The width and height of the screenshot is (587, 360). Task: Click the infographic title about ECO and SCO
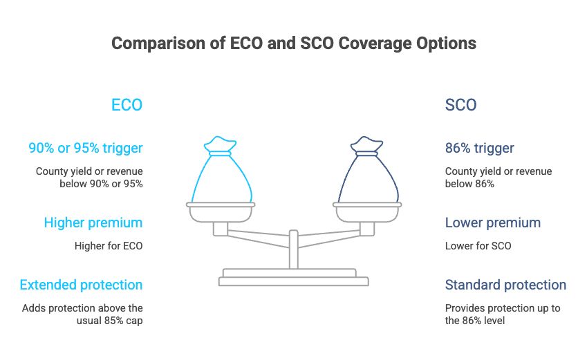click(x=294, y=44)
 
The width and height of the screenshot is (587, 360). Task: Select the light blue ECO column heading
click(x=127, y=105)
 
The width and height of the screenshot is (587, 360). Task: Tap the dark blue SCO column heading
click(x=461, y=105)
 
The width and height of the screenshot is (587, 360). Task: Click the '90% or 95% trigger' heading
click(x=86, y=148)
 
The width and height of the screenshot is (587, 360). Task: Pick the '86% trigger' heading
click(x=480, y=148)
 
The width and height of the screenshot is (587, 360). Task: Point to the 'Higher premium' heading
click(x=93, y=222)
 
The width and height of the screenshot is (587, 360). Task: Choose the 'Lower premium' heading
click(x=493, y=222)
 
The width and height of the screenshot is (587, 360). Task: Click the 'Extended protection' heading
click(x=81, y=285)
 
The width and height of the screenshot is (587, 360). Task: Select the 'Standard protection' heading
click(x=506, y=285)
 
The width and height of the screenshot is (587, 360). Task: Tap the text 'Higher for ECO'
click(x=109, y=246)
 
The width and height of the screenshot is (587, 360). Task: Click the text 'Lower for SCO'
click(x=478, y=246)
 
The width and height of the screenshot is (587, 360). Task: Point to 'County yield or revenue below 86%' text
click(x=499, y=178)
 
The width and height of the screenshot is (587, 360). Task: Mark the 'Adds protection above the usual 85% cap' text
click(x=82, y=314)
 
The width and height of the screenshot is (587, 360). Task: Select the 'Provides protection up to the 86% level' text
click(x=503, y=314)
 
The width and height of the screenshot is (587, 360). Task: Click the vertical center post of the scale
click(x=294, y=249)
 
